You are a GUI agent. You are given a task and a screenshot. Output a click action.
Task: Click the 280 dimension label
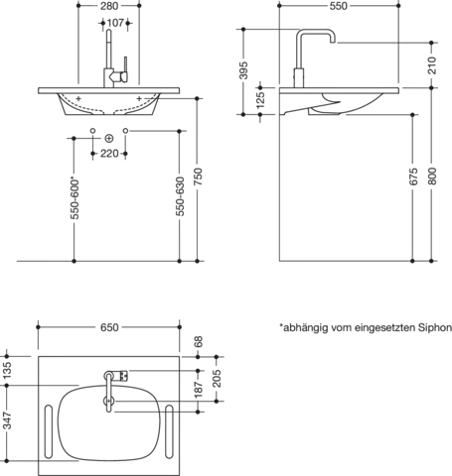click(109, 6)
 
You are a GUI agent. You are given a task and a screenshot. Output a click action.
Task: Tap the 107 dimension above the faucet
click(115, 23)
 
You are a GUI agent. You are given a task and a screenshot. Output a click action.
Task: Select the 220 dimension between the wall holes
click(109, 154)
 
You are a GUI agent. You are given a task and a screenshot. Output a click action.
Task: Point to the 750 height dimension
click(198, 177)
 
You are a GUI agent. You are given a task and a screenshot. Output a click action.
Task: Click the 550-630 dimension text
click(180, 196)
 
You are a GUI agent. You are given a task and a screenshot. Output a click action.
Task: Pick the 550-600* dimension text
click(75, 199)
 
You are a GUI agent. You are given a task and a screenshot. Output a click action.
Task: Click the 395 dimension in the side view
click(243, 70)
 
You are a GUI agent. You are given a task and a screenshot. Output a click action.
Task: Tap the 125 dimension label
click(260, 100)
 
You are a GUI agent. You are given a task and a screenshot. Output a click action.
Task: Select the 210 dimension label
click(432, 65)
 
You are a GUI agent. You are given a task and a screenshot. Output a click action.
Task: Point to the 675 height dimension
click(413, 177)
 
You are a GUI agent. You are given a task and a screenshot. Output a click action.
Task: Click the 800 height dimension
click(432, 177)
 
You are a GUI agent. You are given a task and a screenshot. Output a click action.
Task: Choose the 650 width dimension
click(109, 327)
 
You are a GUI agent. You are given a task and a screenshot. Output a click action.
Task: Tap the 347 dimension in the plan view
click(7, 420)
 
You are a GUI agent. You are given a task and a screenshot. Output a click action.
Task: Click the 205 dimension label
click(217, 379)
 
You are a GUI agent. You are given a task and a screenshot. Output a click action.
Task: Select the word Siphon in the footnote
click(435, 328)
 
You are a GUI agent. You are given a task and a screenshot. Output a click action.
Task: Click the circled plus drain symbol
click(108, 139)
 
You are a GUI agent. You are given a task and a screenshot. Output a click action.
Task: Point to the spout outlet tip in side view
click(333, 42)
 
